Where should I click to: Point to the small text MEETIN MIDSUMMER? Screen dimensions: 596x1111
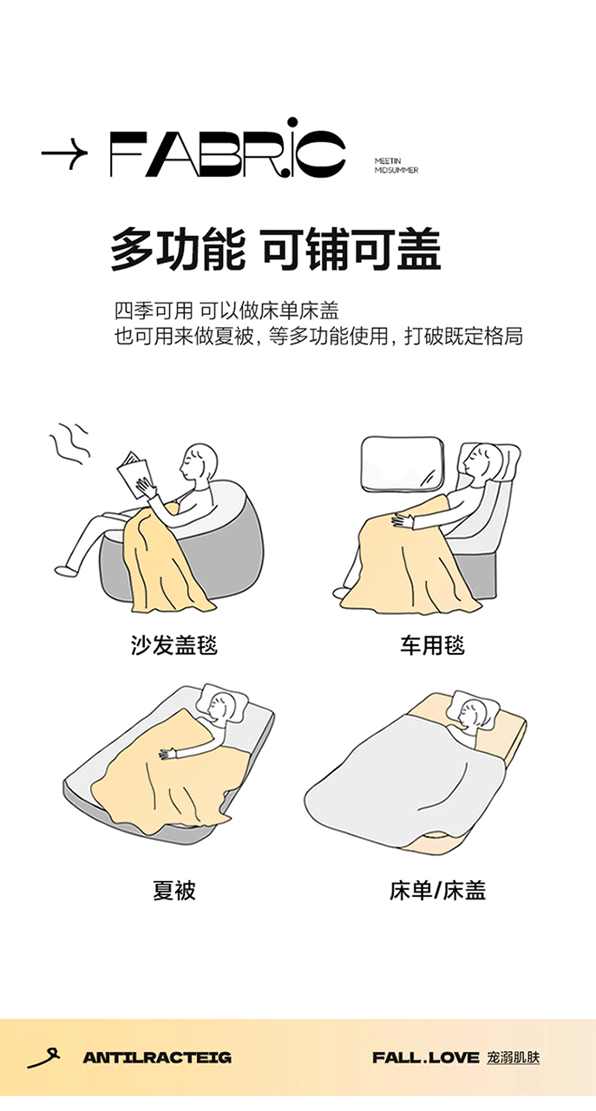click(x=396, y=166)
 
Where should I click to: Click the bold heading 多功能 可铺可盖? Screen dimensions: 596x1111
click(x=276, y=249)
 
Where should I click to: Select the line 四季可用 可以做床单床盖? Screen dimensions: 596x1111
click(x=226, y=311)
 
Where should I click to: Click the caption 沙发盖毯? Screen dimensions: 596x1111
click(x=174, y=645)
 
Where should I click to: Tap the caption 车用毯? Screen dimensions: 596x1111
click(x=432, y=645)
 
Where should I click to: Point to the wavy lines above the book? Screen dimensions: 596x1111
click(x=69, y=443)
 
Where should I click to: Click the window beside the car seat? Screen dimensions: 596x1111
click(x=403, y=461)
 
